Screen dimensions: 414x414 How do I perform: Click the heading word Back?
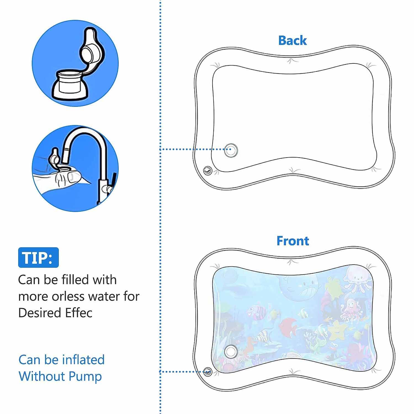[292, 40]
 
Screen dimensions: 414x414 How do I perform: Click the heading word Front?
[293, 241]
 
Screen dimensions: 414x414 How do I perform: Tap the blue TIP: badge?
[38, 258]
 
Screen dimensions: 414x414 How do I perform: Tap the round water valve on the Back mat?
[231, 150]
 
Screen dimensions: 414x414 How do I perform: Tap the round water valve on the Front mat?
[231, 352]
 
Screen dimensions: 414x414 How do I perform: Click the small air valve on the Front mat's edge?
[207, 371]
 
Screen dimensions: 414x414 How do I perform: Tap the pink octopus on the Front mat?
[349, 309]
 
